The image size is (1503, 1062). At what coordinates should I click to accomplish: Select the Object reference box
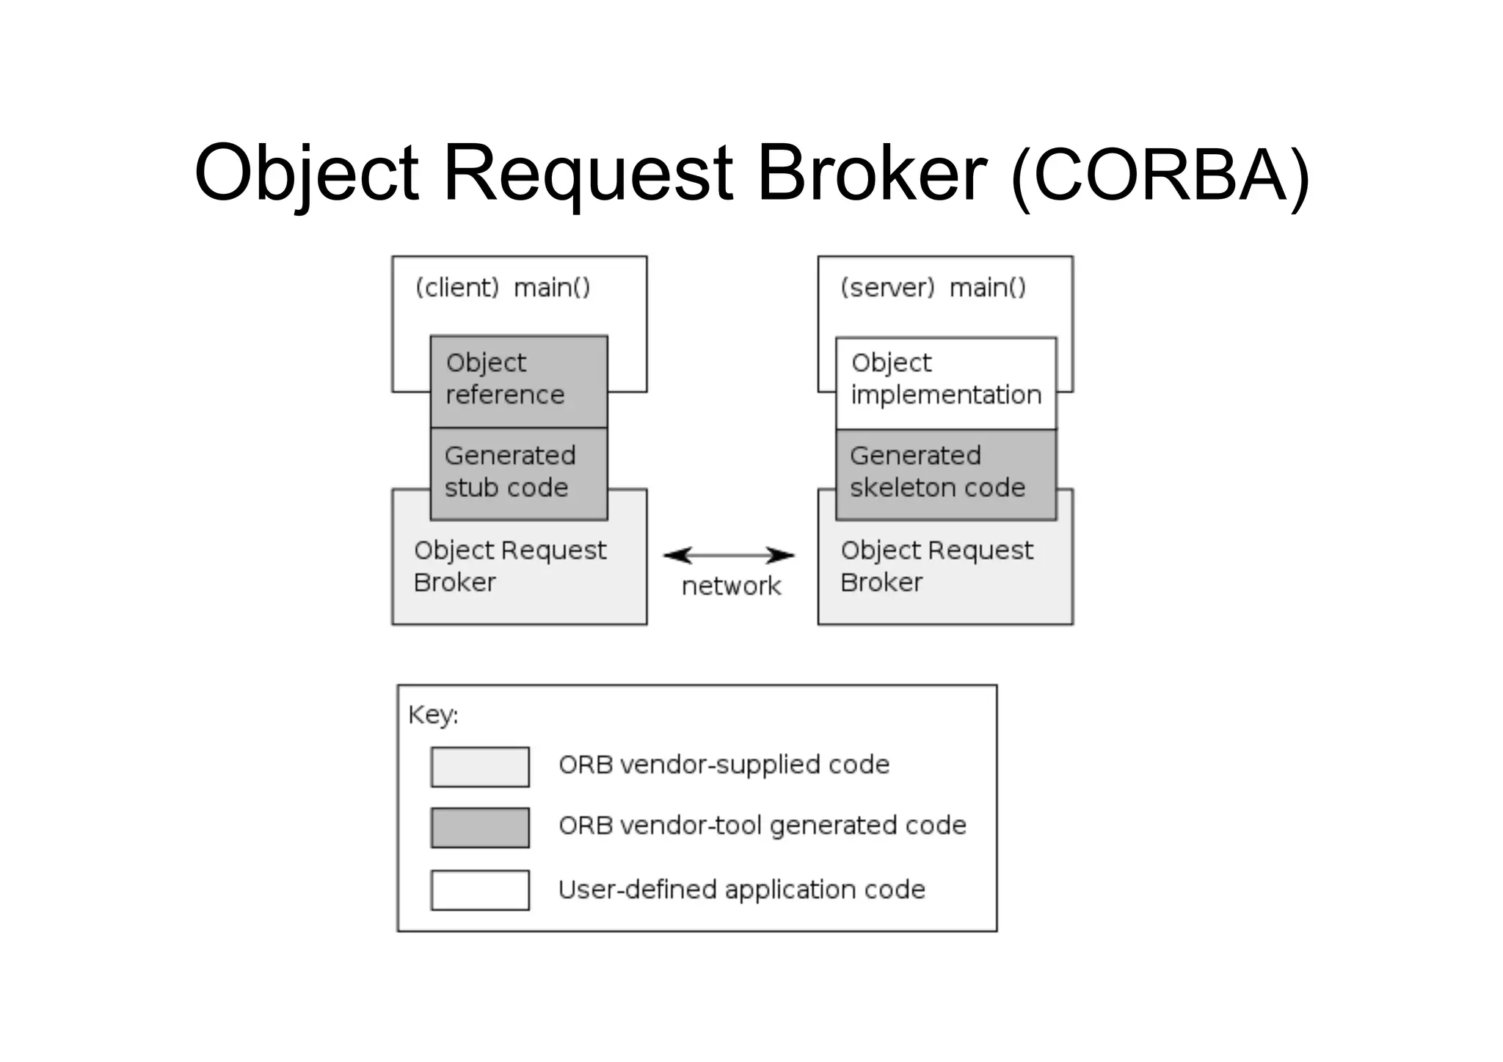pyautogui.click(x=518, y=381)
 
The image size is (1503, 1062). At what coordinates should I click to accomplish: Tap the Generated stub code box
pyautogui.click(x=518, y=473)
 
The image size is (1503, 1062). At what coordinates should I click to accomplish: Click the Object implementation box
pyautogui.click(x=945, y=382)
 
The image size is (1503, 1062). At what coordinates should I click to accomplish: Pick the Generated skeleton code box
pyautogui.click(x=945, y=473)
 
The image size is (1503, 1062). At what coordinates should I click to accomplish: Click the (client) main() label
pyautogui.click(x=503, y=288)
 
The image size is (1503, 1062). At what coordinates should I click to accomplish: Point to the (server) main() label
pyautogui.click(x=933, y=288)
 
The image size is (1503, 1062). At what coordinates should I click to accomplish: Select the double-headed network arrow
pyautogui.click(x=729, y=556)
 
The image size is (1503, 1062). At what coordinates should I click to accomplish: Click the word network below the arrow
pyautogui.click(x=731, y=586)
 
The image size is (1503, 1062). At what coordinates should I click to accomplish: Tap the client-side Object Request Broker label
pyautogui.click(x=509, y=566)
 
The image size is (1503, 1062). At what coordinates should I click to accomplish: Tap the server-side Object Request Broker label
pyautogui.click(x=936, y=566)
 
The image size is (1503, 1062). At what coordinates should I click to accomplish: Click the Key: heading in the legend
pyautogui.click(x=433, y=714)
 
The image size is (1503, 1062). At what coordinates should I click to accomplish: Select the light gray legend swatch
pyautogui.click(x=480, y=766)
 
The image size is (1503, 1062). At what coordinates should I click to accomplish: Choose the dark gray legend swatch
pyautogui.click(x=480, y=827)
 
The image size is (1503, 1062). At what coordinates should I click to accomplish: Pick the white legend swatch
pyautogui.click(x=480, y=890)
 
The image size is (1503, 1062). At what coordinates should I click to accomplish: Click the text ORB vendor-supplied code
pyautogui.click(x=724, y=765)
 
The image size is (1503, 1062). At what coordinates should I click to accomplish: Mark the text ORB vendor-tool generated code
pyautogui.click(x=762, y=826)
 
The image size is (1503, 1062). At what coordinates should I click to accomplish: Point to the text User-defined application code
pyautogui.click(x=741, y=890)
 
